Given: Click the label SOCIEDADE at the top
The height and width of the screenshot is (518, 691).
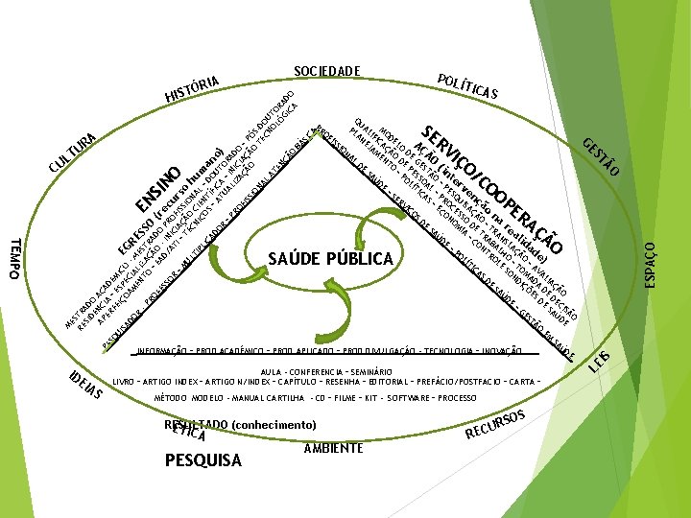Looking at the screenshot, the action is pos(326,71).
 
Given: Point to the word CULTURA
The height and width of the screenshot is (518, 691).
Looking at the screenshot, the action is pos(72,154).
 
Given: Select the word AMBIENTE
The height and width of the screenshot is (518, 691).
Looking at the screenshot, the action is pos(332,448).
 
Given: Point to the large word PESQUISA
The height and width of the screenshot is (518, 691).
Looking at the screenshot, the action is pos(203,460).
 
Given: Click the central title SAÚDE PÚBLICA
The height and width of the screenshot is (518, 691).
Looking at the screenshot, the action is pos(331,259).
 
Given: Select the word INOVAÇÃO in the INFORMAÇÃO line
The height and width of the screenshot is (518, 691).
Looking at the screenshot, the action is pos(496,350).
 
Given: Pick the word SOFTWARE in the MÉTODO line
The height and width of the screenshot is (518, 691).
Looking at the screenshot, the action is pos(411,396).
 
